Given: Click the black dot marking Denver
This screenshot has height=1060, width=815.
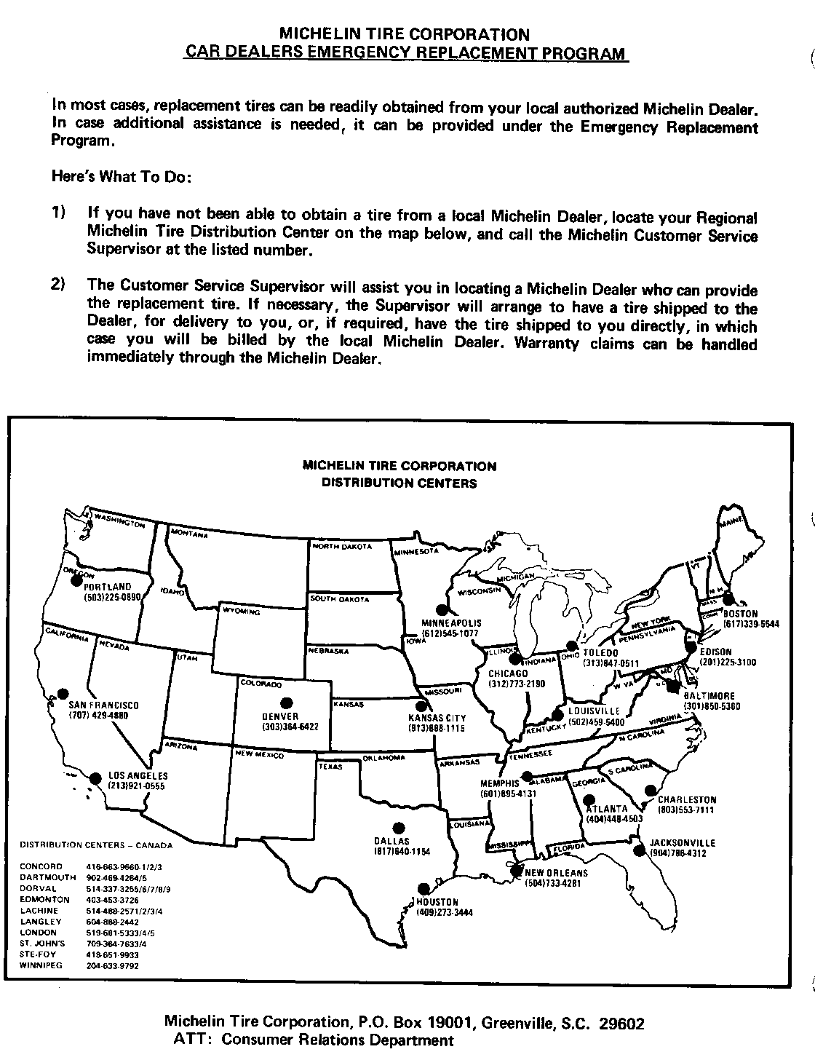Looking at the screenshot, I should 287,703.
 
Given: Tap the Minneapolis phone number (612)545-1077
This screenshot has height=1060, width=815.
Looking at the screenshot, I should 451,634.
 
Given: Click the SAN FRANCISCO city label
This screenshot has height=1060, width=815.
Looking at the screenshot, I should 104,705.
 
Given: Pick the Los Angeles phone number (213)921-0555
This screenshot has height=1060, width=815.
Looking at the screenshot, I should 137,786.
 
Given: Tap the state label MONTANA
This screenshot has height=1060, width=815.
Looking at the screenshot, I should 189,534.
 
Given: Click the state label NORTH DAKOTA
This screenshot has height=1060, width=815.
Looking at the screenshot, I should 342,546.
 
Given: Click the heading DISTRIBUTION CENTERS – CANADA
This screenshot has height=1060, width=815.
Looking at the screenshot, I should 96,845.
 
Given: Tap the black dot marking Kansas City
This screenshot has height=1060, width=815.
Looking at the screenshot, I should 421,705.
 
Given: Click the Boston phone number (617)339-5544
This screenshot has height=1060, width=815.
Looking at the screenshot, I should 752,624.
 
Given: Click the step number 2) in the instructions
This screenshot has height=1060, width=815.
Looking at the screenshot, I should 58,284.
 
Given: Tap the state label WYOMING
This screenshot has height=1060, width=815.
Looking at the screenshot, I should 242,612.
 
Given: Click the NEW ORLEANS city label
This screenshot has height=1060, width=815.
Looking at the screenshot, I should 556,873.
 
